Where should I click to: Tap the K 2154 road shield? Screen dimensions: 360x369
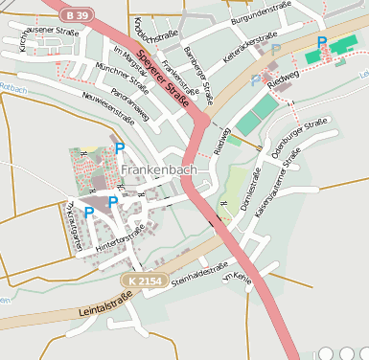[140, 279]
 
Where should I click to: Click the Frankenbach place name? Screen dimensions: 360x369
[160, 169]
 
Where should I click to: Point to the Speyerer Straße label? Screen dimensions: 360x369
[162, 78]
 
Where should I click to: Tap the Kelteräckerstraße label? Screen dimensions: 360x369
[247, 50]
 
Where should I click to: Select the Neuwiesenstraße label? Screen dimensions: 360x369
[108, 105]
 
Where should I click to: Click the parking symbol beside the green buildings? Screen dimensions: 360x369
[322, 43]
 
